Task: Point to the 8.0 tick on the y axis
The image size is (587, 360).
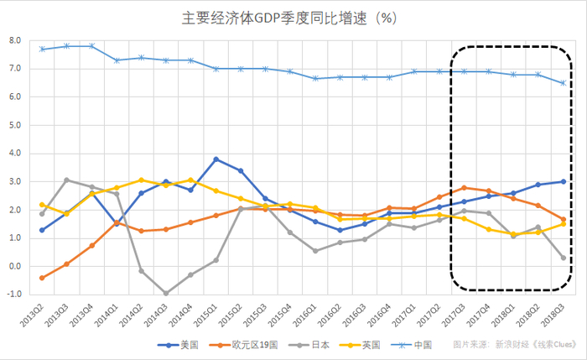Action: click(x=15, y=40)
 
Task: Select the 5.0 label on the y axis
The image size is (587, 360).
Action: click(x=15, y=125)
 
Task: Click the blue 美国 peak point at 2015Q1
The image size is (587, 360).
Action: click(x=216, y=159)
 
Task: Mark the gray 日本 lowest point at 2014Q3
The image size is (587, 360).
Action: click(x=166, y=293)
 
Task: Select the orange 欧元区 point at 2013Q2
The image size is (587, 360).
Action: click(x=42, y=278)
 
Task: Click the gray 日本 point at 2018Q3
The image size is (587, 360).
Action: click(x=563, y=258)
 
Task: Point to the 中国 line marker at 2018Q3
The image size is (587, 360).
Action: click(x=563, y=83)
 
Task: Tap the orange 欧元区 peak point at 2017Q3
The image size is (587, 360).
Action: click(x=464, y=188)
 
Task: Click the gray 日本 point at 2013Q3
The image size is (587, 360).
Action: click(x=67, y=180)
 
